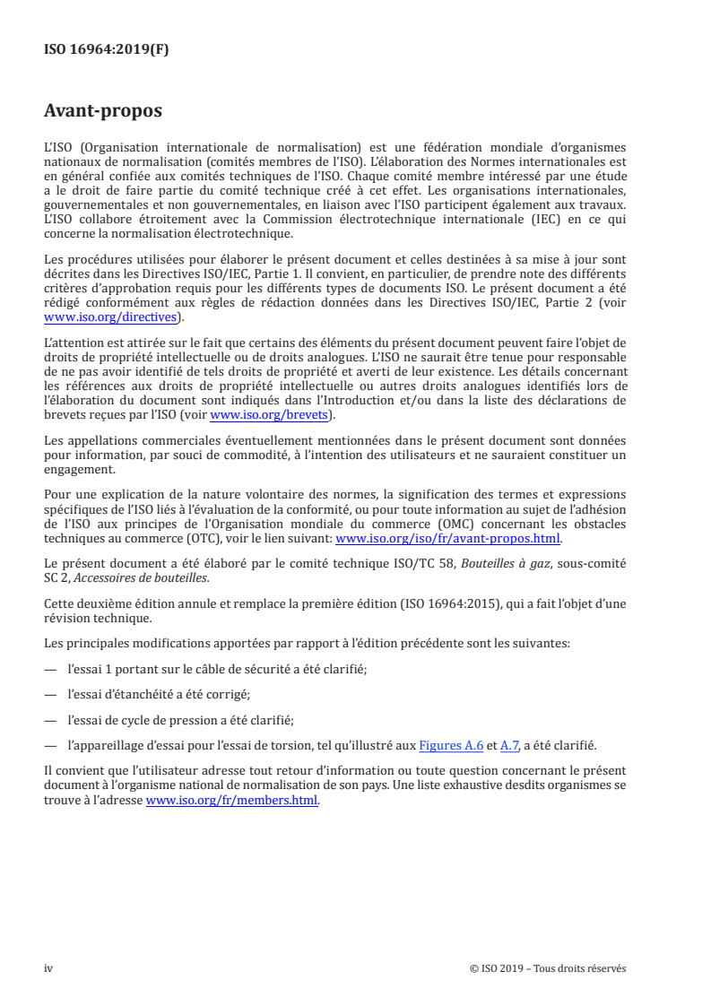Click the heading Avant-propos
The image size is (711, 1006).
pyautogui.click(x=103, y=112)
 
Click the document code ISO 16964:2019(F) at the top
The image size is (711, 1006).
pyautogui.click(x=106, y=50)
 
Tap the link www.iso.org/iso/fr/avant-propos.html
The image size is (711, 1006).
pyautogui.click(x=447, y=538)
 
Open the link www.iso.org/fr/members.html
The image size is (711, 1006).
pyautogui.click(x=231, y=801)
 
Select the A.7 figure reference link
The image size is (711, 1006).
pyautogui.click(x=507, y=744)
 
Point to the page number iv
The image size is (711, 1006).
pyautogui.click(x=48, y=968)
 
